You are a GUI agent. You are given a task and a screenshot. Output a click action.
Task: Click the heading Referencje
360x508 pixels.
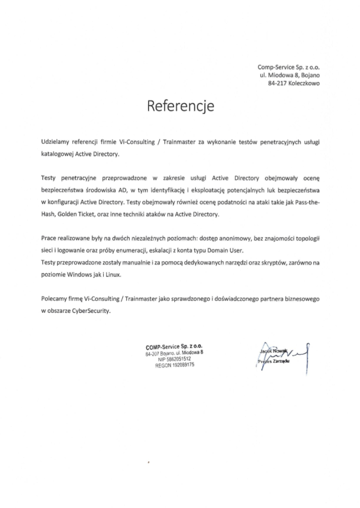point(180,106)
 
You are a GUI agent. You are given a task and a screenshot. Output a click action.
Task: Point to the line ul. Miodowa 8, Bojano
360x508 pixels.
point(291,75)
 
